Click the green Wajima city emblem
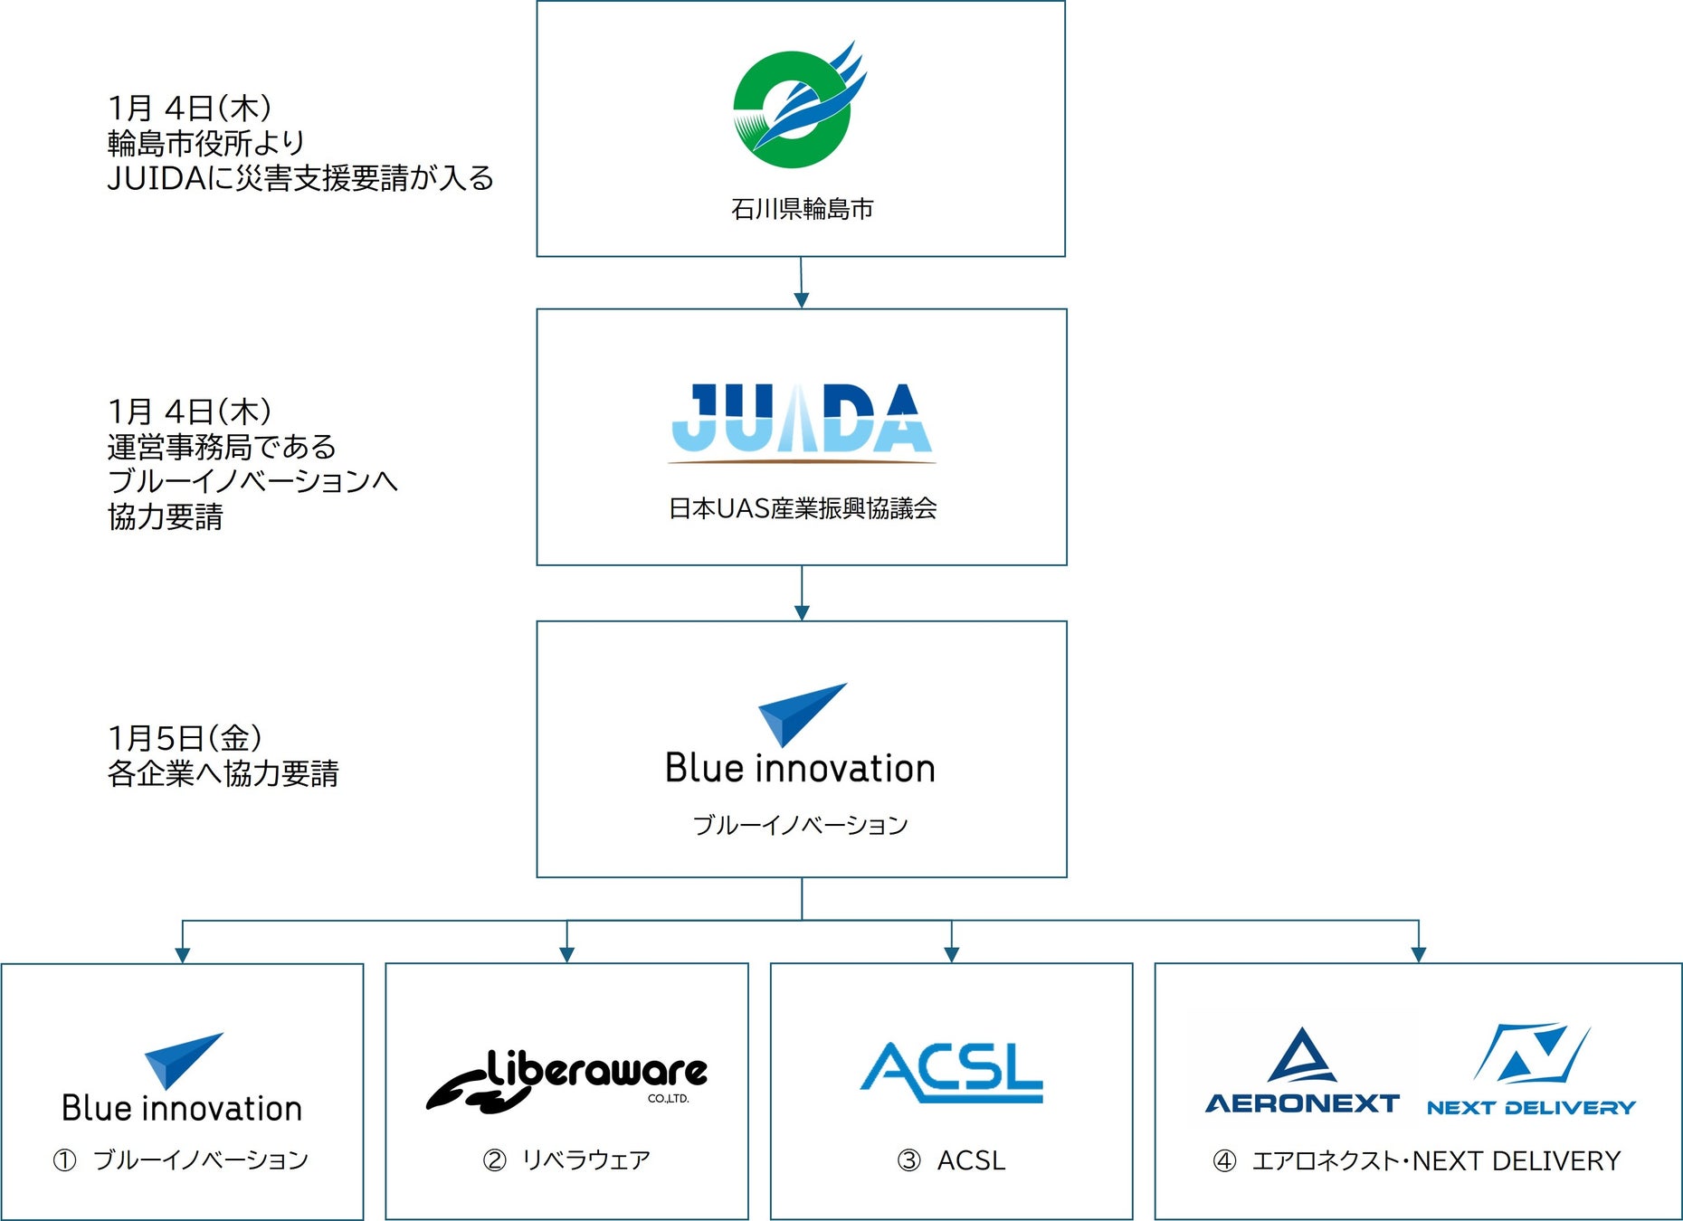click(794, 108)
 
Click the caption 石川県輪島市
click(802, 209)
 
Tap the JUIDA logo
click(802, 421)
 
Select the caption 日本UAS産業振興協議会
click(802, 508)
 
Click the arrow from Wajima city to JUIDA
click(801, 282)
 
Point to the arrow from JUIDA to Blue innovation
click(802, 593)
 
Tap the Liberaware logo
click(567, 1080)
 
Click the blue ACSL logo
click(951, 1073)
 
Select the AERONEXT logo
click(1302, 1071)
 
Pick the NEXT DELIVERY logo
click(1531, 1071)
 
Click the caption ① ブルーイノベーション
click(181, 1160)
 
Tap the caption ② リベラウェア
click(566, 1160)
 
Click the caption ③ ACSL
click(951, 1160)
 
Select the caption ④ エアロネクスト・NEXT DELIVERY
click(1417, 1160)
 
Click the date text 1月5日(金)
click(185, 738)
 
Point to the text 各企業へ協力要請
click(223, 774)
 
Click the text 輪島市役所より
click(206, 143)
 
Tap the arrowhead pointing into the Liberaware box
click(566, 954)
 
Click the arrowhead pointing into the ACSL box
click(951, 954)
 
